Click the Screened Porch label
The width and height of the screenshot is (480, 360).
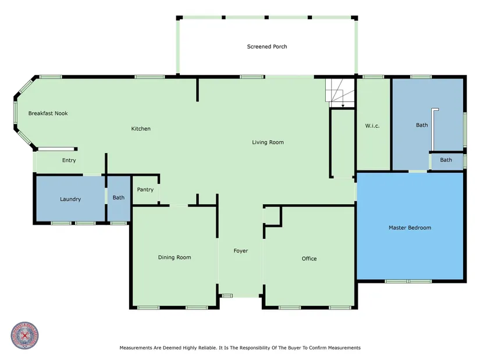click(x=267, y=47)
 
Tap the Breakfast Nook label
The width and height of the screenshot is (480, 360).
click(x=48, y=113)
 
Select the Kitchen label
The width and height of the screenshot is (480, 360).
click(x=141, y=129)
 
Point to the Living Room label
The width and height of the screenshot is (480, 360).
click(x=268, y=142)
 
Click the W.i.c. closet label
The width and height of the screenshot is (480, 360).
click(x=372, y=126)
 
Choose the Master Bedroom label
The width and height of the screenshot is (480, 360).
click(x=410, y=227)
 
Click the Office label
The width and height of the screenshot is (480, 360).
click(x=309, y=259)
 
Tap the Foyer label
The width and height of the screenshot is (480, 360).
click(x=241, y=251)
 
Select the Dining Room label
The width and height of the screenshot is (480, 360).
click(x=175, y=258)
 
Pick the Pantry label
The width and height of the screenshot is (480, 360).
click(x=145, y=190)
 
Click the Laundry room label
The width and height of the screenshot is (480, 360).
click(x=70, y=199)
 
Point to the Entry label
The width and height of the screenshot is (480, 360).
click(x=69, y=160)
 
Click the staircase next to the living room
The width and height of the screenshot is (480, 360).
click(x=340, y=92)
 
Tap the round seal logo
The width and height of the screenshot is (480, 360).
click(x=25, y=336)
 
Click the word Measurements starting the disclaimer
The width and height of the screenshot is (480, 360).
click(x=136, y=348)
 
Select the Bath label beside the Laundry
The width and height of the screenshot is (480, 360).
click(x=119, y=198)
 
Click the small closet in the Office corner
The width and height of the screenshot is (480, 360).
click(x=272, y=216)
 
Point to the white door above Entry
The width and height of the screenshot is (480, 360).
click(x=56, y=149)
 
